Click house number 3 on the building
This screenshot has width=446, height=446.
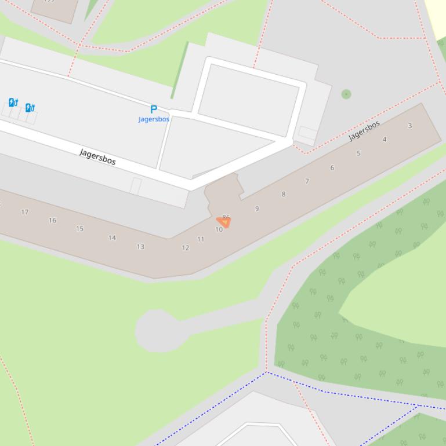coord(410,126)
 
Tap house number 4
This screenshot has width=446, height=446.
coord(384,140)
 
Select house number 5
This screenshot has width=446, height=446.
coord(358,153)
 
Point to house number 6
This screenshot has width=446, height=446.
coord(332,168)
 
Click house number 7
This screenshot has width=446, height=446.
coord(307,181)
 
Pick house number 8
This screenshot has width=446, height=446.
coord(284,194)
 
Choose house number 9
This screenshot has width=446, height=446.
coord(257,209)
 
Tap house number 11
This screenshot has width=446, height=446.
coord(201,239)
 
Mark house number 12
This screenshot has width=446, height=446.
coord(186,248)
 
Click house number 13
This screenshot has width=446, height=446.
coord(140,247)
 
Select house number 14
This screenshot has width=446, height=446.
coord(112,237)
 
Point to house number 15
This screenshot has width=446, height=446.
coord(79,229)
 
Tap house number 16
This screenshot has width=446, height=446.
coord(52,220)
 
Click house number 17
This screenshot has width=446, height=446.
coord(25,212)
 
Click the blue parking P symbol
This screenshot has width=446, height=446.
coord(154,109)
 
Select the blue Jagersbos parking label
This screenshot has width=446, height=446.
coord(154,119)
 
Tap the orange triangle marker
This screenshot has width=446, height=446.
coord(223,222)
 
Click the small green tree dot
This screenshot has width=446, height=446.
coord(346,94)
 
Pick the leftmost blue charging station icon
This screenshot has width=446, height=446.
coord(13,103)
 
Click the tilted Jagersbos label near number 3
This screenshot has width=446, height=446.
coord(364,131)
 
